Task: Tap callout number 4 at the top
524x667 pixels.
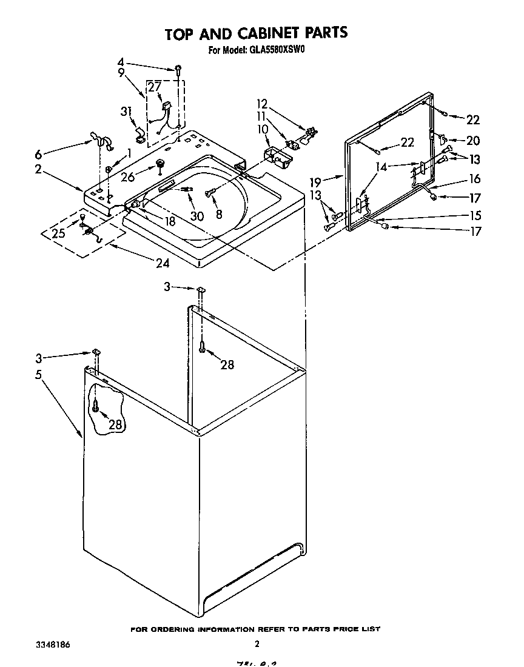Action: (121, 61)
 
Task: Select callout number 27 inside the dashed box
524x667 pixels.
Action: (155, 87)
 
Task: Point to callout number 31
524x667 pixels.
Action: (126, 111)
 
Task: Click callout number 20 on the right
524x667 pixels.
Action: (472, 141)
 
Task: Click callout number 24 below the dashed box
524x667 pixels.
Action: (162, 263)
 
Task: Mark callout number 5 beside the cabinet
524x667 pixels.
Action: (38, 375)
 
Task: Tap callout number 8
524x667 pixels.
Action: (219, 213)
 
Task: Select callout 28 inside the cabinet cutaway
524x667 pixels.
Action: (115, 424)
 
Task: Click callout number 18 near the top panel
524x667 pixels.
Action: (170, 221)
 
